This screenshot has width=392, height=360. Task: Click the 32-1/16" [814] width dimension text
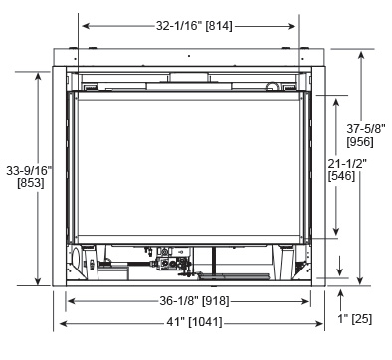point(194,26)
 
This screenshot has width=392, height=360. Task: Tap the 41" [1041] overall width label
point(194,322)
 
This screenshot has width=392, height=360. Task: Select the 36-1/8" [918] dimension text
point(194,301)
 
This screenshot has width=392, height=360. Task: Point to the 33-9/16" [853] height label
point(29,176)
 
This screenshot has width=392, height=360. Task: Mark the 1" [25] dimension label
point(355,319)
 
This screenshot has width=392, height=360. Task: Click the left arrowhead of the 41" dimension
point(63,323)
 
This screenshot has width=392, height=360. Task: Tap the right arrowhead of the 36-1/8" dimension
point(305,301)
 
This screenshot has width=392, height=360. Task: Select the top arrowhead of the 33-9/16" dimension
point(38,77)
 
